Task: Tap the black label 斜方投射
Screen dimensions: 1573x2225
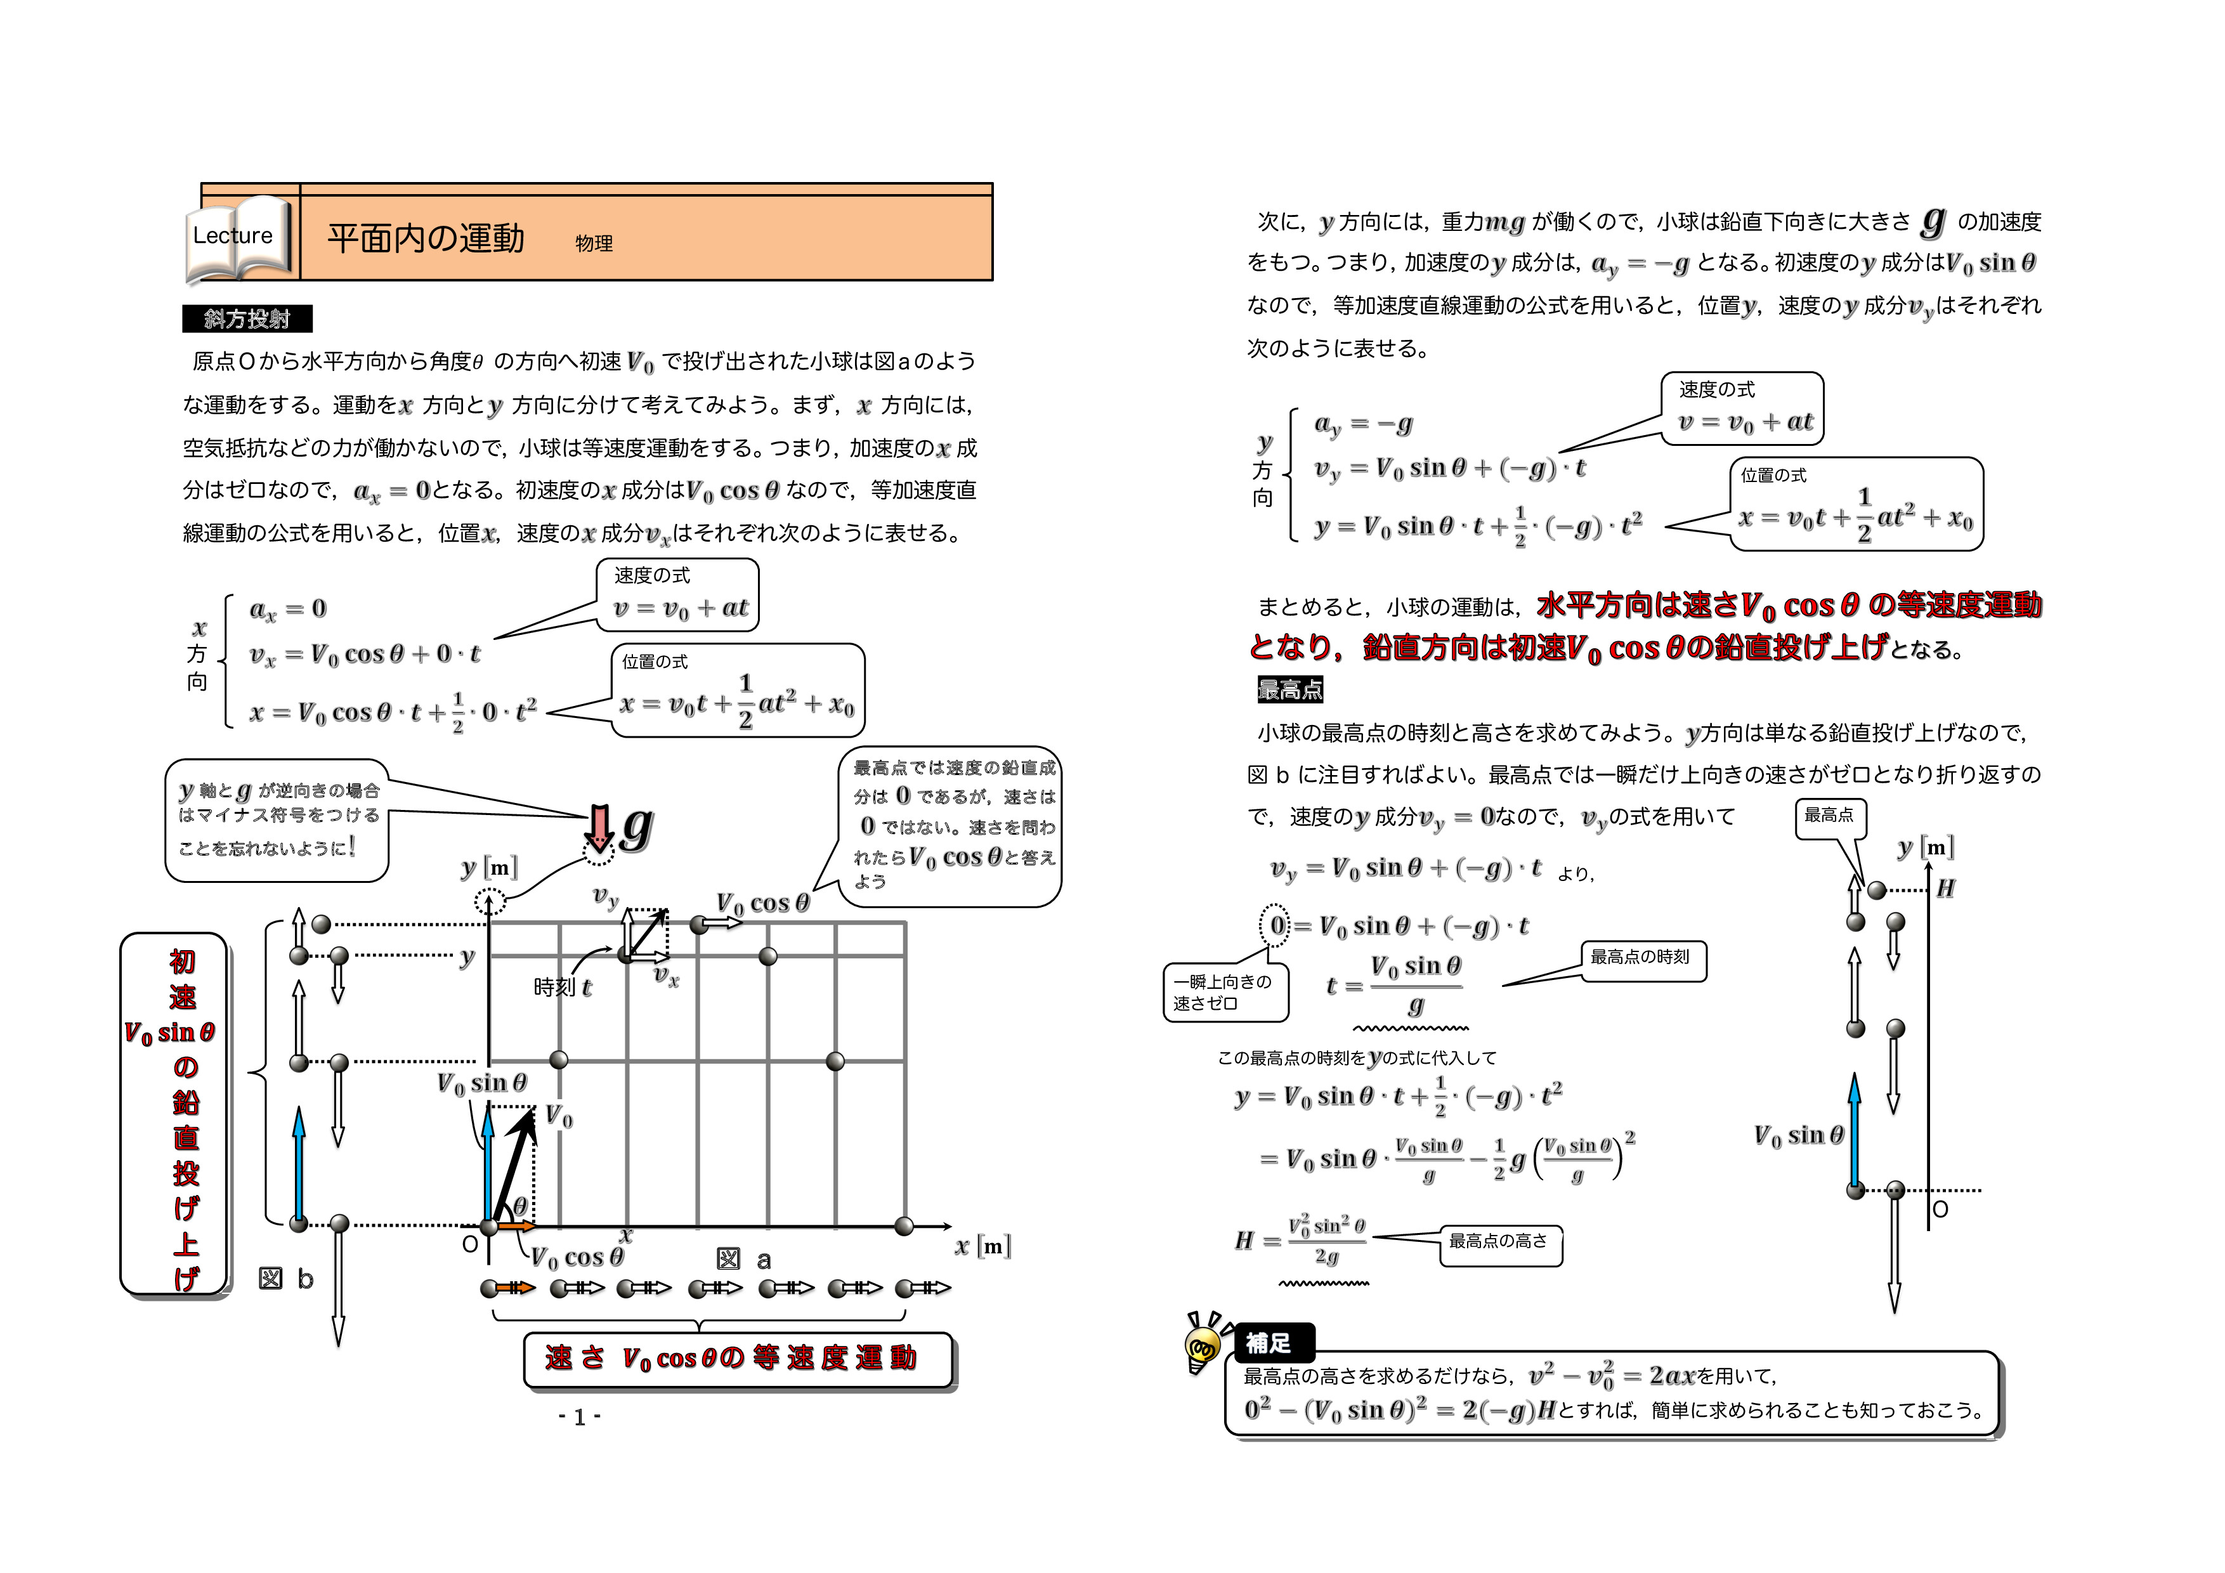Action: click(247, 319)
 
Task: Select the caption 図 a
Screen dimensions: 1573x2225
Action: click(743, 1260)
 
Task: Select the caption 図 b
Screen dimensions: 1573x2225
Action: click(286, 1279)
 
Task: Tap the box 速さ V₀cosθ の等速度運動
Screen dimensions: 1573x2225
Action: click(736, 1359)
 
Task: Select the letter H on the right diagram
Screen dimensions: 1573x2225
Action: click(1945, 889)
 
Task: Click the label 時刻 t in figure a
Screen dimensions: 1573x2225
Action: click(562, 988)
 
